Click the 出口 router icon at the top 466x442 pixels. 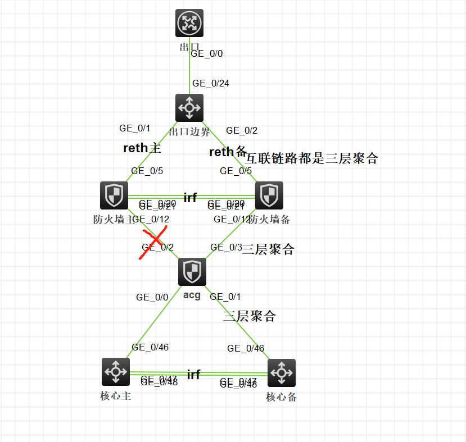(189, 24)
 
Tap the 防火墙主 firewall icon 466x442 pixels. (114, 195)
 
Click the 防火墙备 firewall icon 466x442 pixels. (269, 195)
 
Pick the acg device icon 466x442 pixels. (192, 272)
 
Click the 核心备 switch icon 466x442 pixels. (282, 373)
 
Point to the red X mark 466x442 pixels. (153, 243)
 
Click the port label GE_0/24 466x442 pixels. (210, 84)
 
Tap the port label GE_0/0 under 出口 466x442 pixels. (207, 54)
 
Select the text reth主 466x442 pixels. (142, 148)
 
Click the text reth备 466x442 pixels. (228, 152)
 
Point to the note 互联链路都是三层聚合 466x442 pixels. (312, 159)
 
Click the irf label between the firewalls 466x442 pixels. (190, 197)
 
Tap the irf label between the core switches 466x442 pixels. (193, 375)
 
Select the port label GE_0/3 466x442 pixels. (226, 247)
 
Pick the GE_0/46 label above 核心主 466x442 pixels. (150, 347)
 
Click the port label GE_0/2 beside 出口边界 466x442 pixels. (242, 131)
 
